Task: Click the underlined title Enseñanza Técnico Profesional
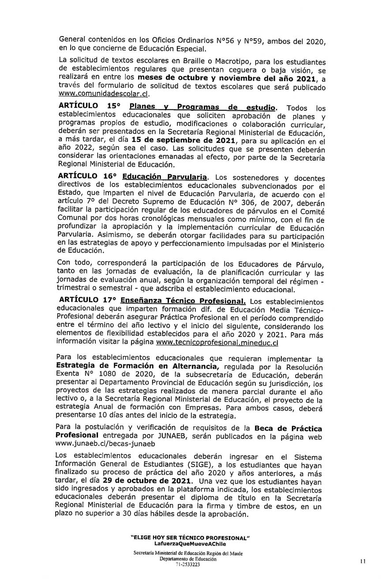click(x=183, y=300)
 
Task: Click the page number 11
click(x=363, y=562)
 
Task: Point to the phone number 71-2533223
click(x=187, y=564)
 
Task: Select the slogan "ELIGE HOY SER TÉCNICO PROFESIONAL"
click(x=191, y=539)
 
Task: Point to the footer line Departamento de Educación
click(x=188, y=559)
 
